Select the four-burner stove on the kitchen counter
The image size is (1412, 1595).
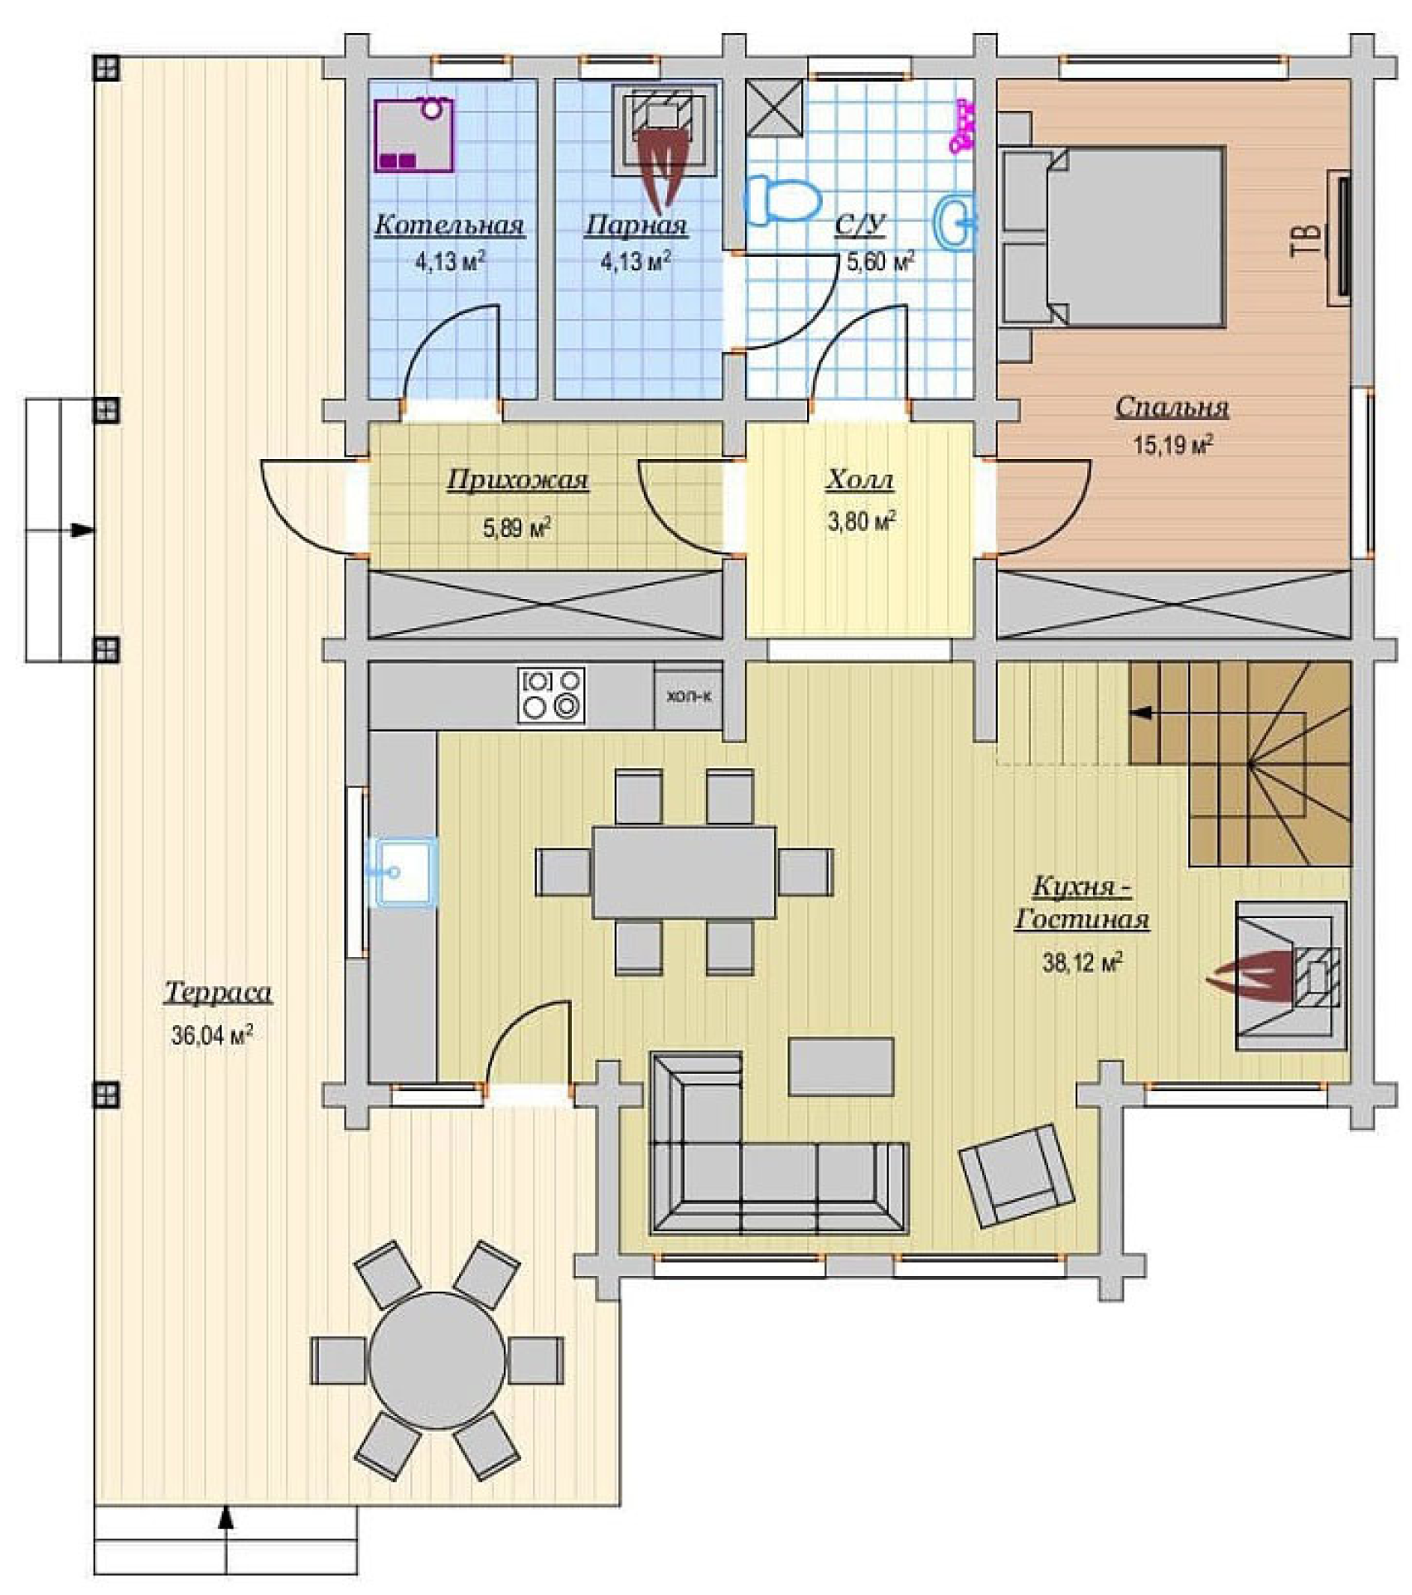coord(552,695)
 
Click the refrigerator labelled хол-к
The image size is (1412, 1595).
coord(689,696)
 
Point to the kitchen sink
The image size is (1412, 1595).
coord(406,872)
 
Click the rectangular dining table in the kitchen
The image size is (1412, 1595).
coord(684,872)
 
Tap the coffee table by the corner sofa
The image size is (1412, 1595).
coord(841,1067)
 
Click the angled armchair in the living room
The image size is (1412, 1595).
coord(1017,1176)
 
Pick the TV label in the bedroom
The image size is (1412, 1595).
coord(1307,241)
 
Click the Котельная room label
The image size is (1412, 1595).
coord(449,225)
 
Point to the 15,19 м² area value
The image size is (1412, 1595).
coord(1173,445)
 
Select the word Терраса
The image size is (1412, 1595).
coord(218,993)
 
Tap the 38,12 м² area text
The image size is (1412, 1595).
coord(1082,962)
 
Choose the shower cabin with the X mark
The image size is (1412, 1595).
coord(774,107)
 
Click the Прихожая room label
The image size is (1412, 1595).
coord(518,481)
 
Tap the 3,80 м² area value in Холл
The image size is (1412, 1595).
coord(862,521)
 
